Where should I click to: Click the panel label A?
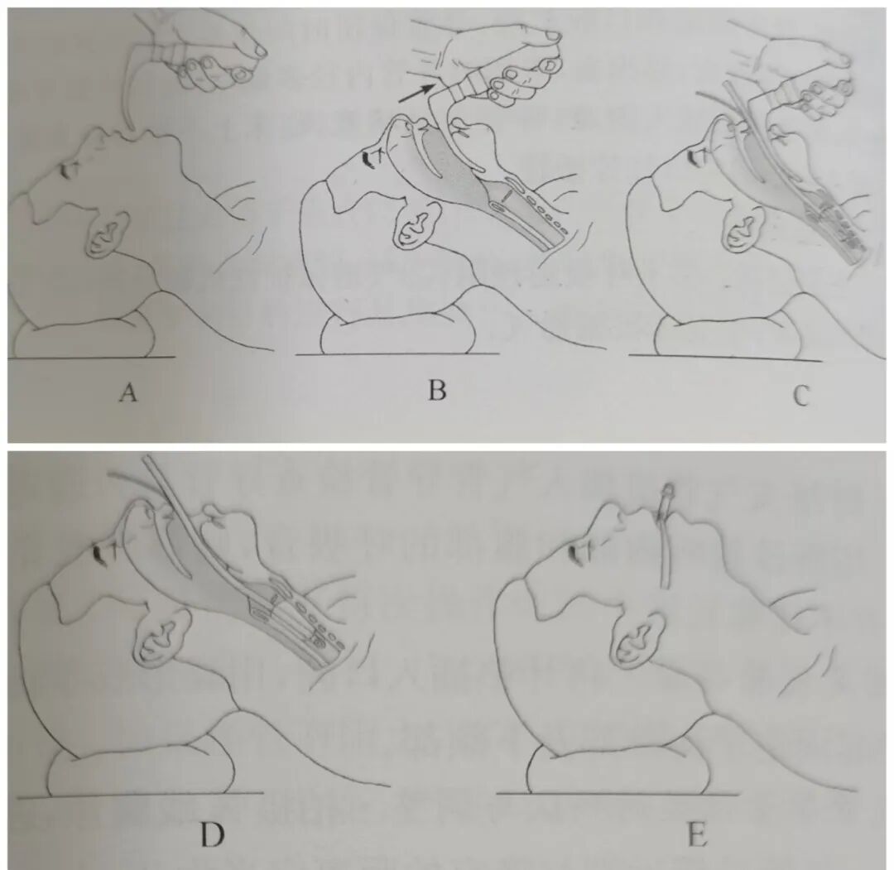(x=128, y=392)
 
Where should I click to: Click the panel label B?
(x=437, y=391)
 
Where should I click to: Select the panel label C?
(x=801, y=396)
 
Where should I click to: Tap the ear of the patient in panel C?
(x=743, y=226)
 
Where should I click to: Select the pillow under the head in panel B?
(x=399, y=334)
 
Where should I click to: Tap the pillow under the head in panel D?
(x=142, y=764)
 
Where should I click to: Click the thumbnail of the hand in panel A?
(x=260, y=50)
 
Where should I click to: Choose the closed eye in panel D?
(x=101, y=551)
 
